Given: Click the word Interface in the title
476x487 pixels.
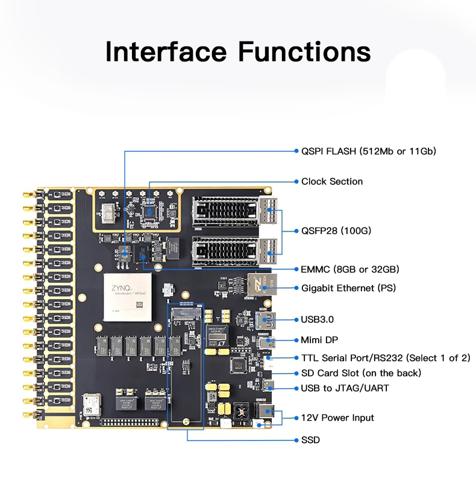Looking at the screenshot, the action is pos(166,52).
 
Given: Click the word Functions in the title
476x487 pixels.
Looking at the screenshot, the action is pos(304,52).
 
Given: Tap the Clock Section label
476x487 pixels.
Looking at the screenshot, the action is pos(332,181).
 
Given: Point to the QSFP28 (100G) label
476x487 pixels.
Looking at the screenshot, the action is pos(336,231).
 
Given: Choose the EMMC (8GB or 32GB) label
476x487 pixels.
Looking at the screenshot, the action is pos(350,269).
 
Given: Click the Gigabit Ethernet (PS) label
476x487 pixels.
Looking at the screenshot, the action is pos(348,288).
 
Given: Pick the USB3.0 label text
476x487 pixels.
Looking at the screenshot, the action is pos(317,319).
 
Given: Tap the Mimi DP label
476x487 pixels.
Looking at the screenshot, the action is pos(319,340).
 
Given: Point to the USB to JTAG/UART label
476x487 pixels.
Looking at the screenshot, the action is pos(345,388).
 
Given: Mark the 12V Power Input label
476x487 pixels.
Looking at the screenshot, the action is pos(337,418).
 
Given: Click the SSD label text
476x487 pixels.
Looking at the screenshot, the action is pos(310,440).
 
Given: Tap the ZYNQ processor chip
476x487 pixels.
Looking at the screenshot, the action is pos(128,297).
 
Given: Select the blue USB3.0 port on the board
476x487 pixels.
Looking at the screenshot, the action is pos(265,319).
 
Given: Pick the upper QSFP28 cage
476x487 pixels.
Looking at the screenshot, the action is pos(235,211).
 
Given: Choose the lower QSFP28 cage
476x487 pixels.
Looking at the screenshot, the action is pos(235,251).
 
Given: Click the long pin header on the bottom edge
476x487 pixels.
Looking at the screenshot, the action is pos(130,423).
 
